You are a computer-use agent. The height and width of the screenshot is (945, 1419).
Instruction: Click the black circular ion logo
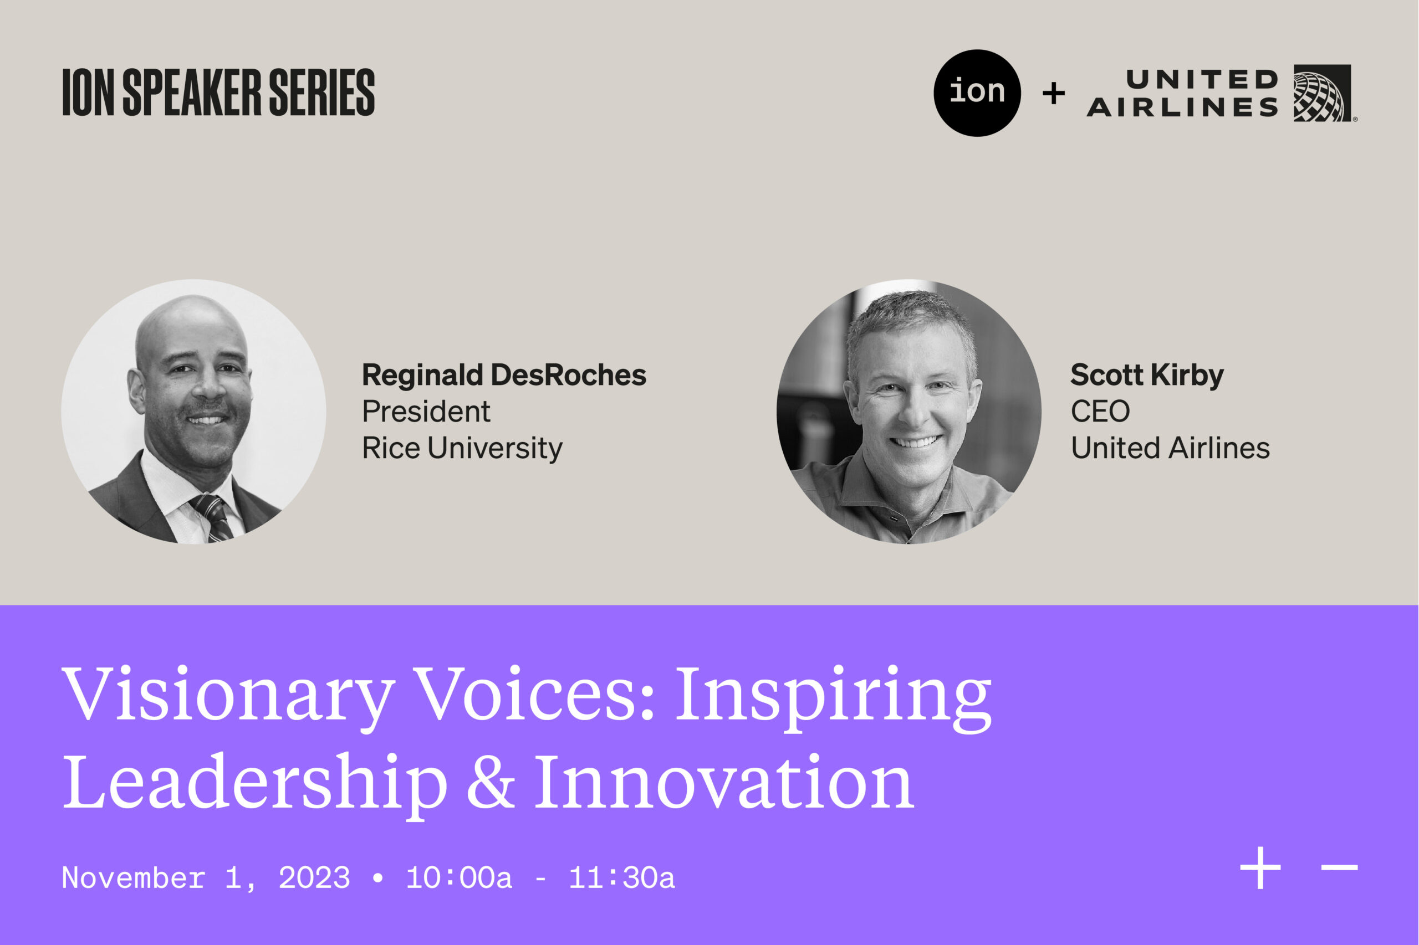[x=977, y=93]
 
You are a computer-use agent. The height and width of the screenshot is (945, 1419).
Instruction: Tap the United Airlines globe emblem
[x=1322, y=93]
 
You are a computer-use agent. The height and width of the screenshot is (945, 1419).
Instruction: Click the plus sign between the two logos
[x=1054, y=94]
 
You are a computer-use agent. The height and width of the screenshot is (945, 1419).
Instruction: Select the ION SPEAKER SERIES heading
[x=218, y=92]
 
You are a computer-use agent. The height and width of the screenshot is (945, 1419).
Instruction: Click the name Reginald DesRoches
[x=503, y=375]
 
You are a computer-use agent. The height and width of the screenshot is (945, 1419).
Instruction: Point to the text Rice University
[x=462, y=448]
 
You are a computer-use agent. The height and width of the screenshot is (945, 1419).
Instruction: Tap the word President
[x=426, y=412]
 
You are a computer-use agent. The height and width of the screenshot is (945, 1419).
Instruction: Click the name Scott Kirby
[x=1147, y=375]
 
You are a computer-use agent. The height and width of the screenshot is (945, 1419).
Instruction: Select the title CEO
[x=1100, y=412]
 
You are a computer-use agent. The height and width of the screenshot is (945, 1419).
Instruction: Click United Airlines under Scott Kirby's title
[x=1170, y=448]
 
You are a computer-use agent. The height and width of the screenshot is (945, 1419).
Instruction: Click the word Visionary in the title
[x=228, y=694]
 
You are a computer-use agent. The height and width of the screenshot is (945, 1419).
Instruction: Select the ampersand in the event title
[x=491, y=782]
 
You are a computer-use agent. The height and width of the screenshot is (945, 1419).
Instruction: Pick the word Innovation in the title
[x=724, y=782]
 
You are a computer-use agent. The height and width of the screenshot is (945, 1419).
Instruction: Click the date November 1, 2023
[x=206, y=878]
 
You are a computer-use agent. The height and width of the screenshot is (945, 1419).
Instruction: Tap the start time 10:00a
[x=459, y=878]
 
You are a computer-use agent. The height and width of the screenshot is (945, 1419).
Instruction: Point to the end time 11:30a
[x=622, y=878]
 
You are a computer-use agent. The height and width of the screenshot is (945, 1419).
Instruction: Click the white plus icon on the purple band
[x=1260, y=869]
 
